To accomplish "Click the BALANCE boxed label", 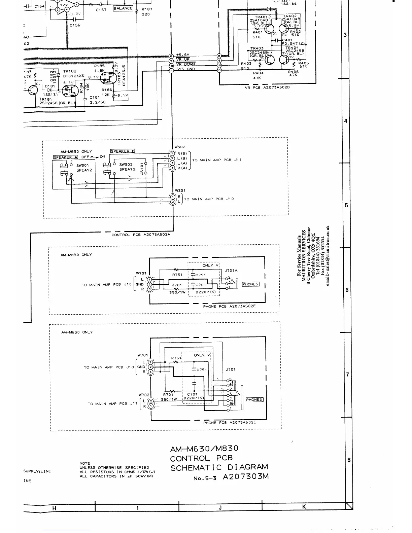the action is pyautogui.click(x=123, y=8).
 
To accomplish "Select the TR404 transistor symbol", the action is pyautogui.click(x=284, y=60).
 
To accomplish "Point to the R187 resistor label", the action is pyautogui.click(x=147, y=9).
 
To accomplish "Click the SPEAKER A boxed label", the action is pyautogui.click(x=65, y=157).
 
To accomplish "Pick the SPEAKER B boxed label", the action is pyautogui.click(x=123, y=151).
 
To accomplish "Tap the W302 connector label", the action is pyautogui.click(x=180, y=147).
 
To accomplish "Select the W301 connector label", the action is pyautogui.click(x=180, y=191).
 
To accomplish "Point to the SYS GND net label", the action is pyautogui.click(x=185, y=69).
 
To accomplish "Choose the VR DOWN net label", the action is pyautogui.click(x=185, y=64).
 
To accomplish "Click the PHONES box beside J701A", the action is pyautogui.click(x=250, y=284).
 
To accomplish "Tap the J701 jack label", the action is pyautogui.click(x=231, y=369).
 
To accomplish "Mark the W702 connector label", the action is pyautogui.click(x=144, y=395).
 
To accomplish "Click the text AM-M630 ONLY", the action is pyautogui.click(x=77, y=332).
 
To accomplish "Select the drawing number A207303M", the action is pyautogui.click(x=246, y=477).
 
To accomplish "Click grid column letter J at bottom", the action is pyautogui.click(x=220, y=508).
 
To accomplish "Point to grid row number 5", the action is pyautogui.click(x=346, y=206).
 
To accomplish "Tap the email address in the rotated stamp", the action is pyautogui.click(x=328, y=256).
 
